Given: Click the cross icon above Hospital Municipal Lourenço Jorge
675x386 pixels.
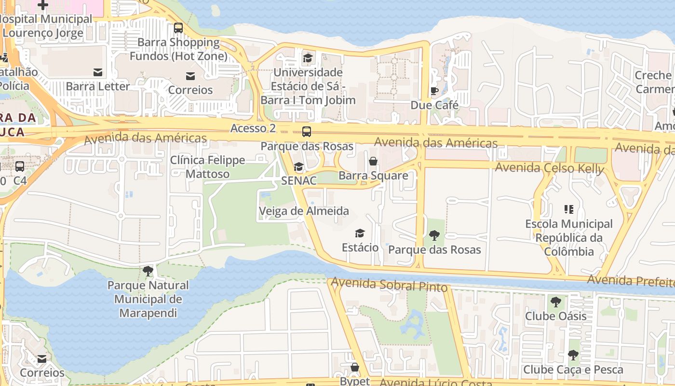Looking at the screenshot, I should [43, 5].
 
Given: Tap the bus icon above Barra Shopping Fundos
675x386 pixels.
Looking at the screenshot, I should [178, 28].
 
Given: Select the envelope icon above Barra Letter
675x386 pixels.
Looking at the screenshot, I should [98, 72].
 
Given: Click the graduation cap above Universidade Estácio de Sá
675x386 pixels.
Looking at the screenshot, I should [308, 58].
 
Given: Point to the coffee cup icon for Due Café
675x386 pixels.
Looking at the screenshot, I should [434, 91].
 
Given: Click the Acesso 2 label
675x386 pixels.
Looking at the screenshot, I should [253, 128].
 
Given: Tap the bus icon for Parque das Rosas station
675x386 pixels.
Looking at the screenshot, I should [307, 132].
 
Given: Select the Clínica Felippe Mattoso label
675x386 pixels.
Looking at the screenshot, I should [208, 167].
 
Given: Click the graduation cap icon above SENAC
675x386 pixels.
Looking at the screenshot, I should [299, 167].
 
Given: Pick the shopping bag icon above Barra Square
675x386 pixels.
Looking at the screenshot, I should [373, 161].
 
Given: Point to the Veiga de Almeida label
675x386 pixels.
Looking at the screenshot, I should [304, 211].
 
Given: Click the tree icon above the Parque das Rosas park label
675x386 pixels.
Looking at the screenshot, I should [434, 235].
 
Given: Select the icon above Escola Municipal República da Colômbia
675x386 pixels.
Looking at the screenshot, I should [569, 209].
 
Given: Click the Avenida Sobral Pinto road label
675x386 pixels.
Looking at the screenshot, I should [390, 285].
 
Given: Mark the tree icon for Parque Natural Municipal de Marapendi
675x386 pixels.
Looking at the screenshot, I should [148, 271].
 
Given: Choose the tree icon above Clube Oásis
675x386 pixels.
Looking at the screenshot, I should [556, 302].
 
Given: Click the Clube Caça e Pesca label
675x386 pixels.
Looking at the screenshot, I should [573, 370].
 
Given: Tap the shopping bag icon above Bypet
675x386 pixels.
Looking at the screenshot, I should [355, 368].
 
